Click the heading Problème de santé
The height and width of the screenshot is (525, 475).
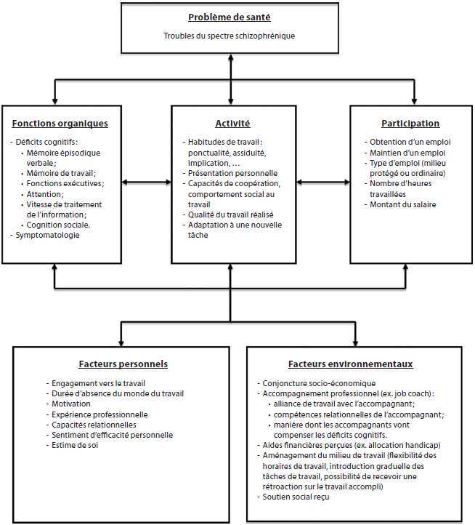click(230, 17)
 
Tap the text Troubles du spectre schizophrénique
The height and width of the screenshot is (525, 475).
click(230, 36)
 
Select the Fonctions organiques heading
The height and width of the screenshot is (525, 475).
click(60, 124)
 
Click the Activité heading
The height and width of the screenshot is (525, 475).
click(233, 124)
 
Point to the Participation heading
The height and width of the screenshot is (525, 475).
click(410, 124)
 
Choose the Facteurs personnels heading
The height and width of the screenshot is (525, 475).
click(123, 364)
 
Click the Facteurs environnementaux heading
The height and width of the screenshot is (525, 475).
click(351, 364)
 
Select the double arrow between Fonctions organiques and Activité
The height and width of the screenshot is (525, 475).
click(147, 182)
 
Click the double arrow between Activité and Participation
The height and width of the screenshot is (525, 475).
click(323, 182)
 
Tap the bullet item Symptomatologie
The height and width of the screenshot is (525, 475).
click(47, 235)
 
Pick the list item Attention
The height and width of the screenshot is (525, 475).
click(45, 194)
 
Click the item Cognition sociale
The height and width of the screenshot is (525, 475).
click(58, 225)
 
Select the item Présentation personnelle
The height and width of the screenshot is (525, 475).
click(233, 174)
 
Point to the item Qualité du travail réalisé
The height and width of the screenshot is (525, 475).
click(230, 215)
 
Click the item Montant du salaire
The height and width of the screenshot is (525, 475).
click(403, 204)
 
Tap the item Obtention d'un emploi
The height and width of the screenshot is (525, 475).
click(410, 142)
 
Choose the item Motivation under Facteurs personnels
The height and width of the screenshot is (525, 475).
click(71, 404)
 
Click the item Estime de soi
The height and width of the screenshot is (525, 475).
click(75, 445)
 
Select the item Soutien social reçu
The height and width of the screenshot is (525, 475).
click(296, 497)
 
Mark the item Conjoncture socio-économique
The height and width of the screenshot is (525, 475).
click(319, 383)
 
